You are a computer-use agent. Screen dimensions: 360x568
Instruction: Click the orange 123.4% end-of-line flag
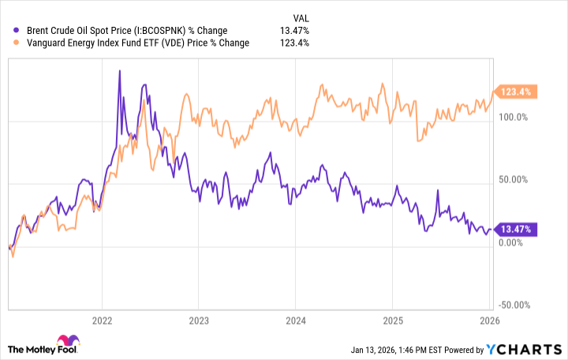click(x=514, y=92)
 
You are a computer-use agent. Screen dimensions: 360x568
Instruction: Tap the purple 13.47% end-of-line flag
click(x=514, y=230)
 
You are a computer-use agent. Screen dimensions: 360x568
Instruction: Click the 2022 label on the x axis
click(x=102, y=321)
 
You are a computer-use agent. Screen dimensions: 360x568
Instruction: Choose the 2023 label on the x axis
click(x=199, y=321)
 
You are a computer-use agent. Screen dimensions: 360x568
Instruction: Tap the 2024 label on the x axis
click(x=295, y=321)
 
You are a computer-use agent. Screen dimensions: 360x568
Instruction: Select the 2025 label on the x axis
click(x=393, y=321)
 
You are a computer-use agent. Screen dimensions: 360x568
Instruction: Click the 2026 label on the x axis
click(x=489, y=321)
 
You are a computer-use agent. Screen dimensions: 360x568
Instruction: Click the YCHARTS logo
click(x=525, y=348)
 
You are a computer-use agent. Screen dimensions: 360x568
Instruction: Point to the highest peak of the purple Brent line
click(x=119, y=71)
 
